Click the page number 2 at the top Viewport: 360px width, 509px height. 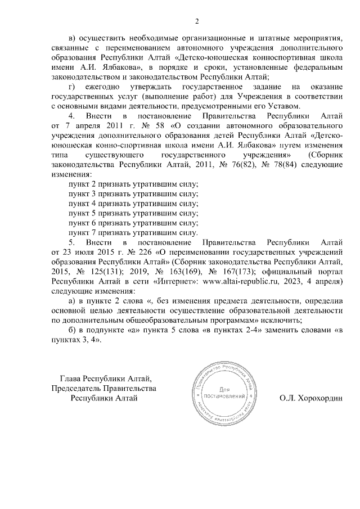[197, 22]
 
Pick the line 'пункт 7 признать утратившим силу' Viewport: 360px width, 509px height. [133, 232]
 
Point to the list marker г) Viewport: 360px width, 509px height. [71, 87]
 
